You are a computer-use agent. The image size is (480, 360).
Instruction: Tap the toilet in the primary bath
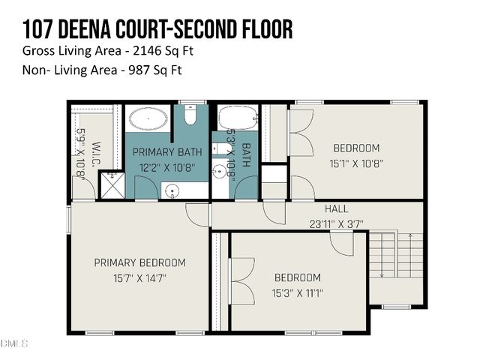pyautogui.click(x=190, y=116)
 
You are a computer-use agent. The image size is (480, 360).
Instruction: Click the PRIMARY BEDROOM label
pyautogui.click(x=139, y=262)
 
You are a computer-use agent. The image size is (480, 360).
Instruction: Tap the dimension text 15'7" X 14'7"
pyautogui.click(x=139, y=277)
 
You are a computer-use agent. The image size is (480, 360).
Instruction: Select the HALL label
pyautogui.click(x=336, y=208)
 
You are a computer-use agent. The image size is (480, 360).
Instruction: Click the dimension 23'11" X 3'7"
pyautogui.click(x=336, y=223)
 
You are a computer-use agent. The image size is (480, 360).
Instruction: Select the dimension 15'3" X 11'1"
pyautogui.click(x=297, y=293)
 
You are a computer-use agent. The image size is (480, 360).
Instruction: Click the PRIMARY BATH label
pyautogui.click(x=167, y=152)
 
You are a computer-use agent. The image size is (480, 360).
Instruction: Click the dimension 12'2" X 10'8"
pyautogui.click(x=167, y=168)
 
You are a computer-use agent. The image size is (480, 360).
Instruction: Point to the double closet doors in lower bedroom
pyautogui.click(x=241, y=281)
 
